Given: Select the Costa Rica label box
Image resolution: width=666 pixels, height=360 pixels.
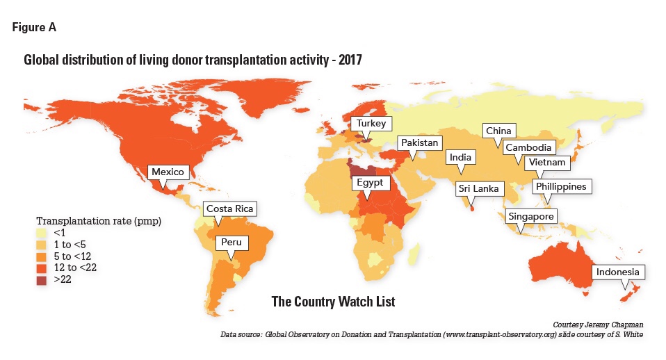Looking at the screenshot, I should pos(229,208).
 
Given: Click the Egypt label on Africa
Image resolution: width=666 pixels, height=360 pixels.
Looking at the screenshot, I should pos(371,182).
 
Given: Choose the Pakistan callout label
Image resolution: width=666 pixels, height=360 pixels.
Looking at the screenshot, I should pos(419,143).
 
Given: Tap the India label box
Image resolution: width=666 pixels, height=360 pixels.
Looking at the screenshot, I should pos(460,158).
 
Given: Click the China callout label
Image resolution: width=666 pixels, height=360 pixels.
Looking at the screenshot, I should pos(498,131).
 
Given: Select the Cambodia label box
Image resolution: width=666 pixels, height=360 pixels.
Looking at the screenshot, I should pos(528,147).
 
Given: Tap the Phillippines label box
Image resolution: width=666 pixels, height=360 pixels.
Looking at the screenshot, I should pos(561,186).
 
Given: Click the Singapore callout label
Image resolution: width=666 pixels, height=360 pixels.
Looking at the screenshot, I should pos(530,217).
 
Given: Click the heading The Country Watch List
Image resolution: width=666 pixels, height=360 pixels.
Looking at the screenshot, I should pos(333,302).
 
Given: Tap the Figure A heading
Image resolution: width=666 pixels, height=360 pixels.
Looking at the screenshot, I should pos(34,28).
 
